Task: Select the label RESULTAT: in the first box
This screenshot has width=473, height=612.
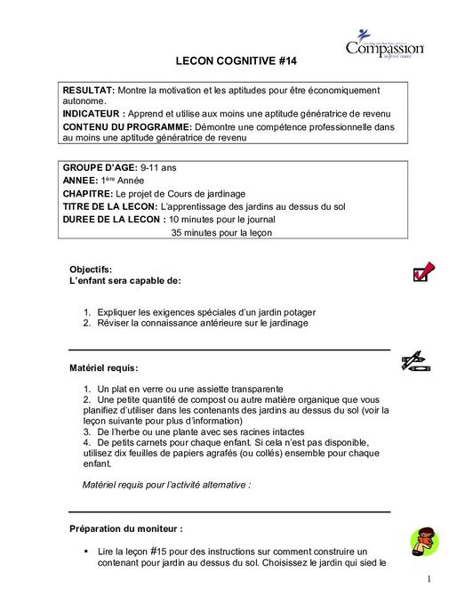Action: [x=88, y=91]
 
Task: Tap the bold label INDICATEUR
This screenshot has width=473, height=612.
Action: [x=92, y=115]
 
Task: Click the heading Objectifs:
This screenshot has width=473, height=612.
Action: [x=91, y=269]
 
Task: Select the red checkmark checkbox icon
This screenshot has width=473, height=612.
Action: [x=422, y=271]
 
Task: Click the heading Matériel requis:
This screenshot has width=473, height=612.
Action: [x=104, y=366]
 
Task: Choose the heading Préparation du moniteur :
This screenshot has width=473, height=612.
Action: [x=126, y=528]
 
